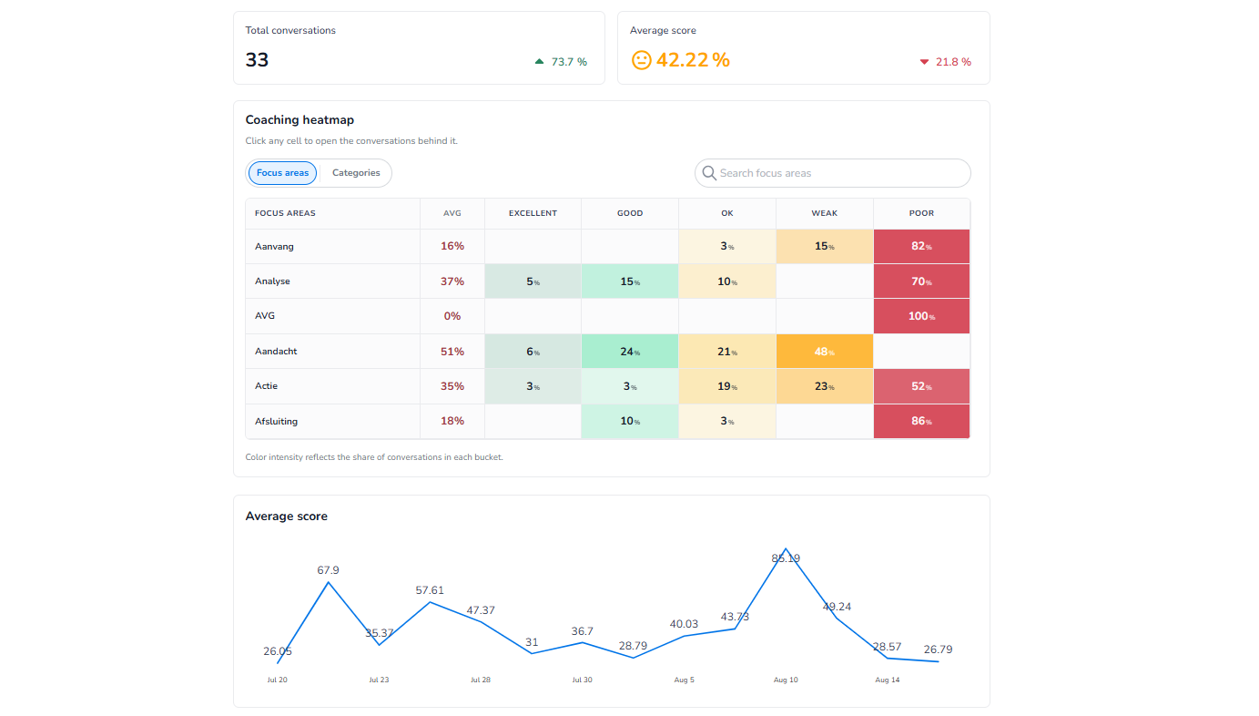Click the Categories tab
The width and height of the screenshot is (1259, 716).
(356, 173)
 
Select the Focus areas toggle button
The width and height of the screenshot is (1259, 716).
(282, 173)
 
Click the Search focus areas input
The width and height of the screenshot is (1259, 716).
(832, 173)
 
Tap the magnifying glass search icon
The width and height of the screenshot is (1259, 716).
(709, 173)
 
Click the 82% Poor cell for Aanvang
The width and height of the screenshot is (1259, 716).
(921, 246)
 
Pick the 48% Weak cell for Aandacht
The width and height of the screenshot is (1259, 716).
(825, 352)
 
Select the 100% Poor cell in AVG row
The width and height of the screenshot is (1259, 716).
(921, 316)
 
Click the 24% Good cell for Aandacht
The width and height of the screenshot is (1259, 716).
(630, 352)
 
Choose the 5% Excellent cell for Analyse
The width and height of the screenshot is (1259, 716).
(533, 281)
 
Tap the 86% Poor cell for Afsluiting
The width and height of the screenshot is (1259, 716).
(921, 421)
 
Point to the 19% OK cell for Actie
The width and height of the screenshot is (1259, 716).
(727, 386)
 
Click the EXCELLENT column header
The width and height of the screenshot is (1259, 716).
(533, 213)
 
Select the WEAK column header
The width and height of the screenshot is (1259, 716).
(825, 213)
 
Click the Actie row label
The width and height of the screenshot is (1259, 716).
(267, 386)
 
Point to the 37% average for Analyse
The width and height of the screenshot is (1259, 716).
(452, 281)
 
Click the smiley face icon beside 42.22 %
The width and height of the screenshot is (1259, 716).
(641, 60)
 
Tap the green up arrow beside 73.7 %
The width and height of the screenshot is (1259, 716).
(540, 61)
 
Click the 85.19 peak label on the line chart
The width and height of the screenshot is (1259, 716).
(786, 558)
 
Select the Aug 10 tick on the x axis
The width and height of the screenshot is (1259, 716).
(786, 680)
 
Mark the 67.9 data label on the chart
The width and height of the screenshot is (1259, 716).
(329, 570)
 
